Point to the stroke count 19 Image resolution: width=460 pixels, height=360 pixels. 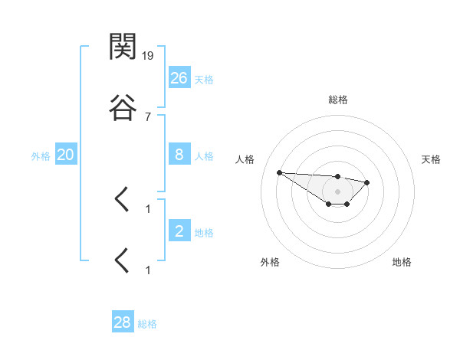(x=148, y=55)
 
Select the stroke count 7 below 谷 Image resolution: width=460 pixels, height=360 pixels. (x=148, y=116)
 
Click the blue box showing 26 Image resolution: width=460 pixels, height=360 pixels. (x=179, y=77)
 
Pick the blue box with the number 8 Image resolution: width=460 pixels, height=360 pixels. (x=179, y=155)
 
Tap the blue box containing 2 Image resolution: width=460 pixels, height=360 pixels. (x=179, y=231)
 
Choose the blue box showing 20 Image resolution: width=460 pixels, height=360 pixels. (x=66, y=155)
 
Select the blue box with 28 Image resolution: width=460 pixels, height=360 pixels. (x=123, y=322)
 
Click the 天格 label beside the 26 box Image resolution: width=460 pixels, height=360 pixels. (x=204, y=79)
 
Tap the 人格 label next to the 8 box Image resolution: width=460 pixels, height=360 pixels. (x=204, y=156)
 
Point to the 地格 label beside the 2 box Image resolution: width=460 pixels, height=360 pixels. (x=204, y=233)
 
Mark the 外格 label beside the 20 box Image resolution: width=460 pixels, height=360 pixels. (x=41, y=156)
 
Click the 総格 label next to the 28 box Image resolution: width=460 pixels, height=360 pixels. (x=147, y=324)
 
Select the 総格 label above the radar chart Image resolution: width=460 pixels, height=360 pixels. (x=338, y=100)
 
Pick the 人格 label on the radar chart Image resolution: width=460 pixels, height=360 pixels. (x=245, y=159)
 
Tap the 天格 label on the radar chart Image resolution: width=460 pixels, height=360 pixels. (x=431, y=159)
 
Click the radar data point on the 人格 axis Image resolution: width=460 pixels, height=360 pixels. (x=280, y=172)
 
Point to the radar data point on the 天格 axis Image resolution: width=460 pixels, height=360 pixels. (x=367, y=182)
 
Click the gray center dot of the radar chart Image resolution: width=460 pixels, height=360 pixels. (x=338, y=191)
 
